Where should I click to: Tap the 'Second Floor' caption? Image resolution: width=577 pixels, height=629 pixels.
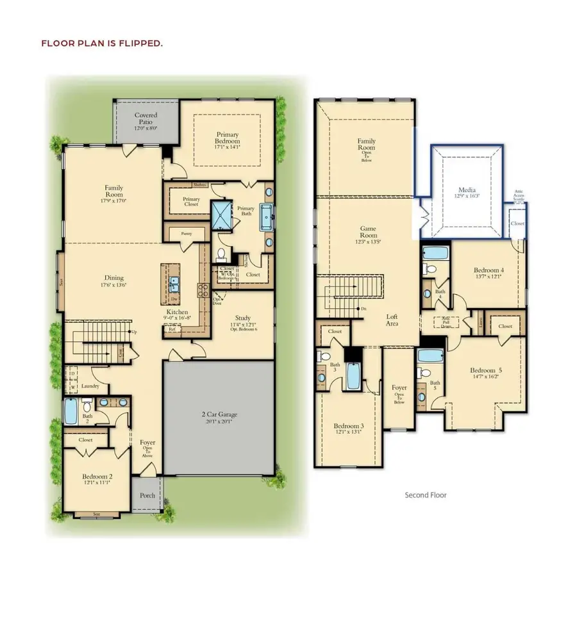pos(425,494)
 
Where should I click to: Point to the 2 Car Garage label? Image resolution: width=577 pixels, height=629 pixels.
pos(219,417)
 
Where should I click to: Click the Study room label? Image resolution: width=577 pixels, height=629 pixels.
pos(242,320)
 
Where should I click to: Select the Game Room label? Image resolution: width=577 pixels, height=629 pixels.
pos(368,232)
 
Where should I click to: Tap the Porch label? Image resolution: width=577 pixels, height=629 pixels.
pos(147,495)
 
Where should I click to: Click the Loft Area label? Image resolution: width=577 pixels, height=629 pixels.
pos(392,320)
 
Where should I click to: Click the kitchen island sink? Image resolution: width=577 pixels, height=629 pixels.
pos(174,282)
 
